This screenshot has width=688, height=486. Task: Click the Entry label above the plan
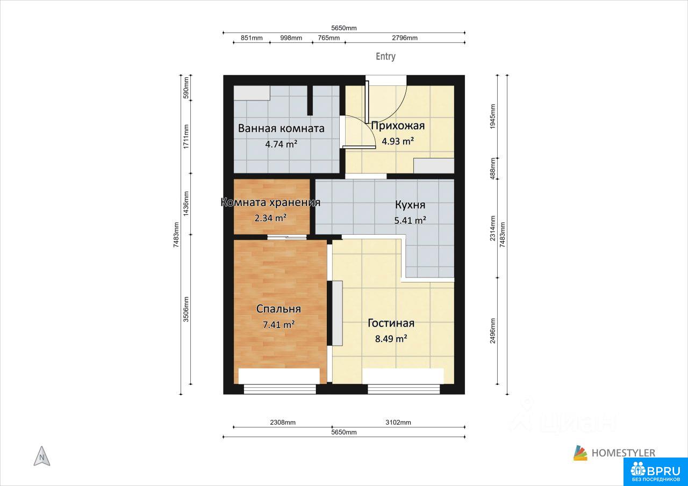pos(385,56)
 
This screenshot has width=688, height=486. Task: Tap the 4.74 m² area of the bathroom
pos(281,144)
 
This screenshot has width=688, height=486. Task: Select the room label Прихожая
pos(398,126)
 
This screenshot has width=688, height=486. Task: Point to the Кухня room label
pos(410,205)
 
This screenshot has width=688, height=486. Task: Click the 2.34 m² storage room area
pos(270,218)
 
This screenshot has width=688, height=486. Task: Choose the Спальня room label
pos(278,309)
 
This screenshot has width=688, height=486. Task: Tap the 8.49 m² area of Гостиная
pos(391,339)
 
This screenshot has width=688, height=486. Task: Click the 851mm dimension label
pos(252,38)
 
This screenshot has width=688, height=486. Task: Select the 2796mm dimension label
pos(405,38)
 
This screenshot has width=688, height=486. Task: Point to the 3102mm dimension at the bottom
pos(398,423)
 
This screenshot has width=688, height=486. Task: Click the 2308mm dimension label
pos(283,423)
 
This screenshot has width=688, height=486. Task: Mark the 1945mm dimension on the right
pos(493,117)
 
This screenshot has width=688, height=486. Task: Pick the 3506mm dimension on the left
pos(186,309)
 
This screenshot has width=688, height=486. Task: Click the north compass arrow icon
pos(42,456)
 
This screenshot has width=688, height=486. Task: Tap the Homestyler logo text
pos(623,453)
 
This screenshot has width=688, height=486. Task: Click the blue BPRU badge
pos(655,472)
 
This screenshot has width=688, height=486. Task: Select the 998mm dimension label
pos(291,38)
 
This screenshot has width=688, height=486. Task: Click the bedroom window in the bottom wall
pos(280,390)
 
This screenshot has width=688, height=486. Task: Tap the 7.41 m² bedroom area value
pos(279,324)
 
